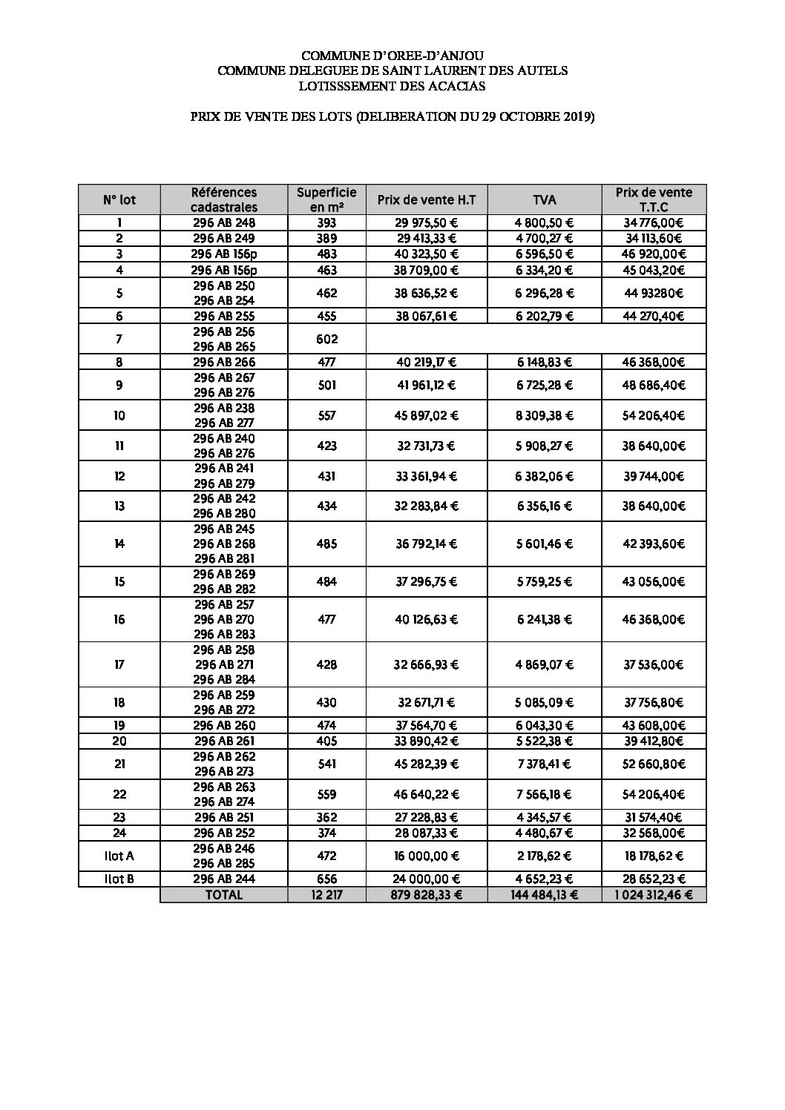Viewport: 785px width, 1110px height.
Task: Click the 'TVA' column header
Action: click(544, 199)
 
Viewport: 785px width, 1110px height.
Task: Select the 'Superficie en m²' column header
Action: click(326, 199)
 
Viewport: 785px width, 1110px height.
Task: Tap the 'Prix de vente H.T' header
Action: click(427, 199)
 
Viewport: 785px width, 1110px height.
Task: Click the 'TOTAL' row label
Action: click(223, 895)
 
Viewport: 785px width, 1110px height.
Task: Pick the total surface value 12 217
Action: click(326, 895)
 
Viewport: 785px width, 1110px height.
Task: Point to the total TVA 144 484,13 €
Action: click(545, 895)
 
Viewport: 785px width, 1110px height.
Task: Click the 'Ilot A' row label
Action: click(119, 856)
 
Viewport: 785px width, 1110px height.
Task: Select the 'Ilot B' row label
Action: click(119, 879)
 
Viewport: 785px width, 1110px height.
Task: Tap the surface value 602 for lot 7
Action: click(326, 339)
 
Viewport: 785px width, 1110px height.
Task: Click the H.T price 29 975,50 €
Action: click(427, 222)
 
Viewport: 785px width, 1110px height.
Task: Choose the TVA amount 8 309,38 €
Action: click(545, 415)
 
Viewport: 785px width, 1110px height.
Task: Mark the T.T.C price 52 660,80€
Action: click(654, 764)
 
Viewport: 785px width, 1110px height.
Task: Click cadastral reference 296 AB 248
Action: click(223, 222)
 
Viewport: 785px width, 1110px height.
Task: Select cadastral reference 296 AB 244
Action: click(223, 879)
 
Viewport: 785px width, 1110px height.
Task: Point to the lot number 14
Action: click(119, 544)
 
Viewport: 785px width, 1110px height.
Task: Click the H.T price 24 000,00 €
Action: click(427, 879)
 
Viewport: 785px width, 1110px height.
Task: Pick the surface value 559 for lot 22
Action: click(326, 794)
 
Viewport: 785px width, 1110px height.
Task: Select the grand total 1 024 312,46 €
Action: click(654, 895)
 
